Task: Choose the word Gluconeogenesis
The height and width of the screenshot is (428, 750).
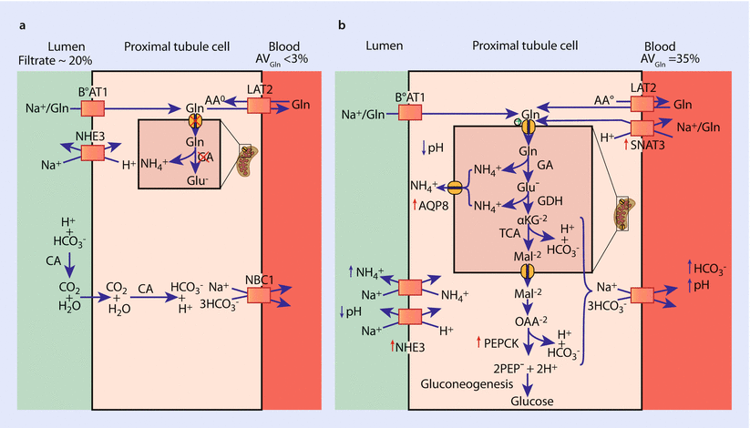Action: pyautogui.click(x=468, y=384)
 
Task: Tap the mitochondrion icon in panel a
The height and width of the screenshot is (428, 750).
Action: pyautogui.click(x=251, y=158)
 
